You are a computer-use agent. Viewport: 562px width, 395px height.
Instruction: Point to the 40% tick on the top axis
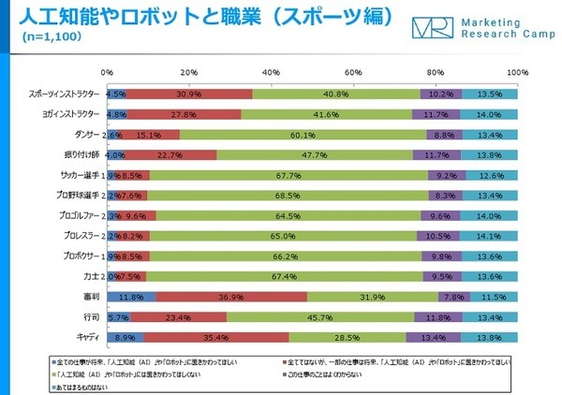click(271, 72)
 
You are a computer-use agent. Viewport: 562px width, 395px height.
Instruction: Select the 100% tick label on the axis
click(516, 72)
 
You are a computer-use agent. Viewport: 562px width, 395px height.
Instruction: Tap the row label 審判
click(92, 296)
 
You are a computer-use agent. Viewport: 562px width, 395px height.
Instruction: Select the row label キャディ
click(88, 335)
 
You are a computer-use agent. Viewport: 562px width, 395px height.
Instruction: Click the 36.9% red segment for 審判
click(231, 296)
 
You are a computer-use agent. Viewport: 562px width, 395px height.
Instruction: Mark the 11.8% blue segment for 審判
click(131, 296)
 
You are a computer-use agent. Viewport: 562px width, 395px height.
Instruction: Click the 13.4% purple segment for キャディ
click(433, 335)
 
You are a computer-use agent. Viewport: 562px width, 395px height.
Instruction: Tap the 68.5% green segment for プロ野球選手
click(287, 195)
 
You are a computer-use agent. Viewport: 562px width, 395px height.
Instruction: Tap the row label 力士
click(92, 275)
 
